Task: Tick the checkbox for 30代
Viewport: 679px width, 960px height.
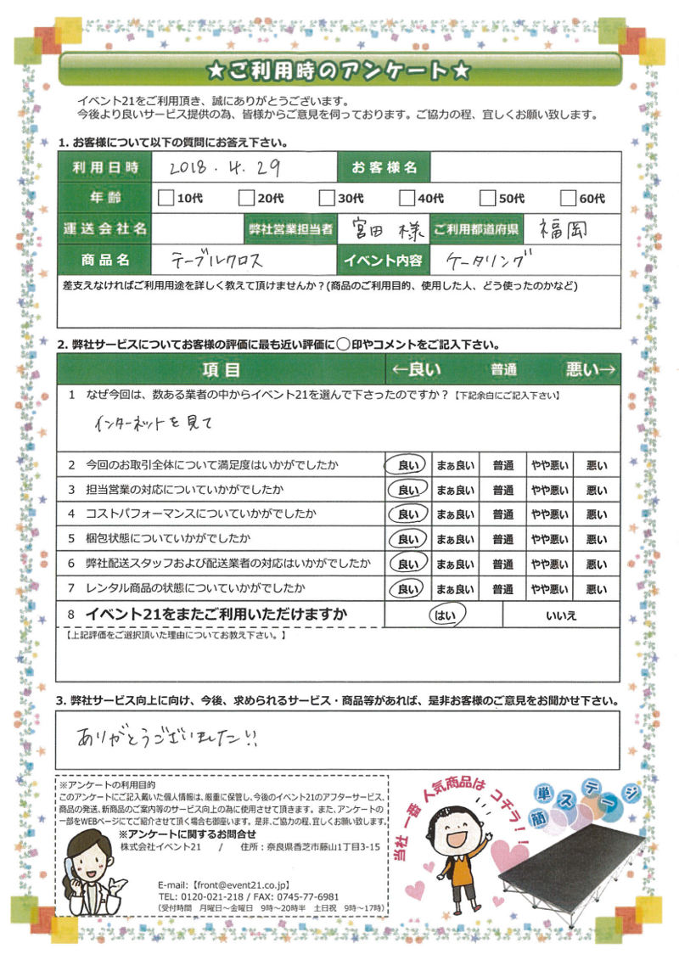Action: tap(327, 199)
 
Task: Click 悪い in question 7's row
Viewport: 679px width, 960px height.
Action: tap(597, 589)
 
